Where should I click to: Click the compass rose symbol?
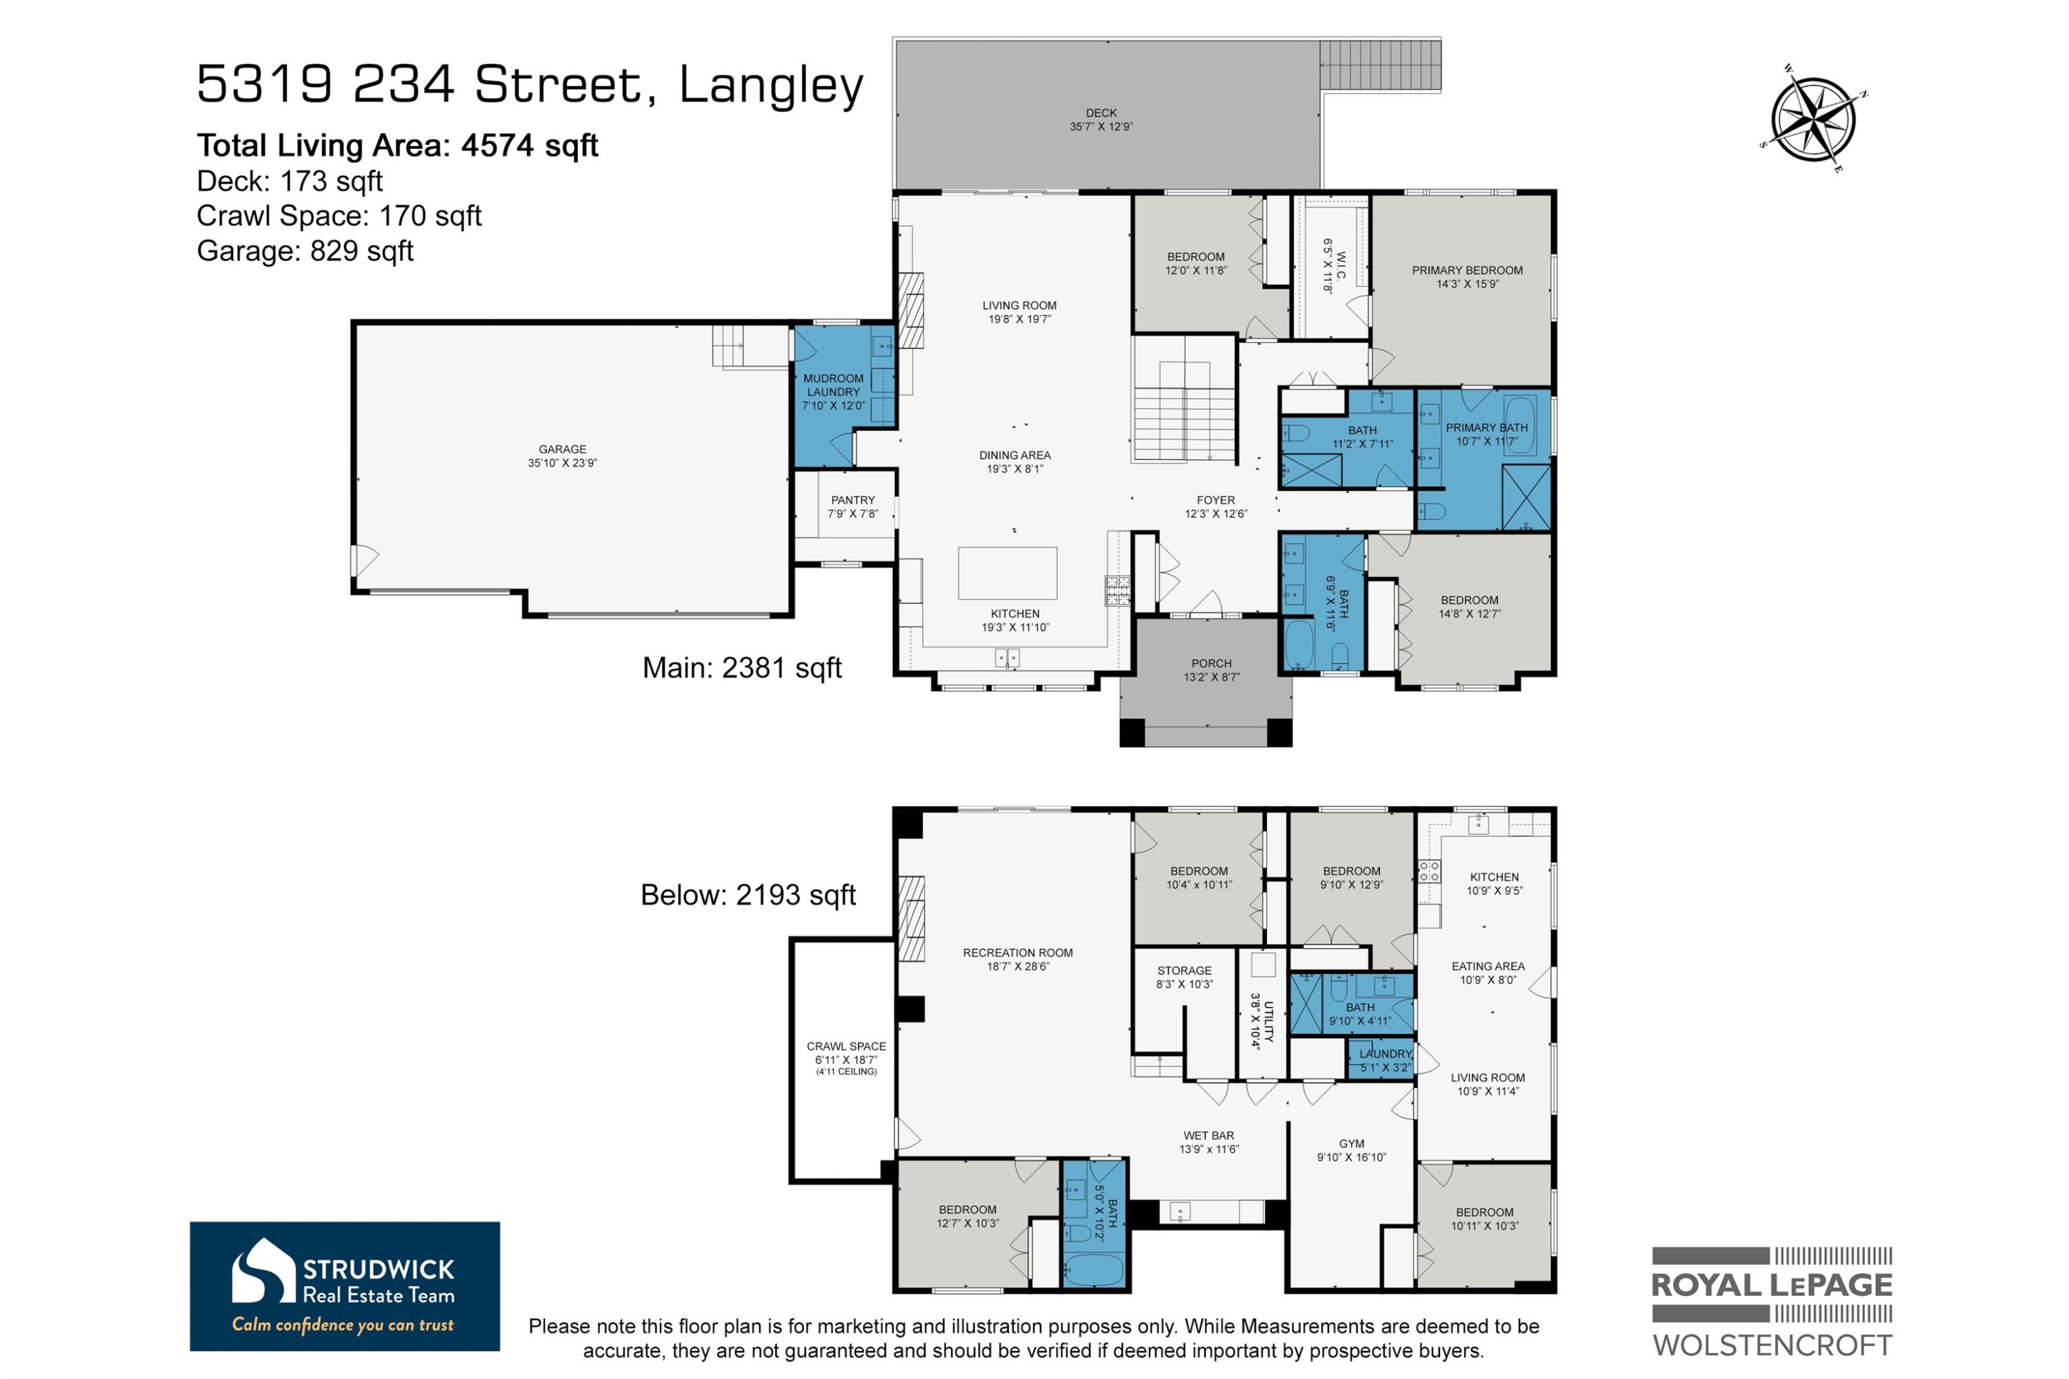coord(1813,119)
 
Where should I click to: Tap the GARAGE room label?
coord(562,450)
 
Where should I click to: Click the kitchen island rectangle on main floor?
coord(1007,572)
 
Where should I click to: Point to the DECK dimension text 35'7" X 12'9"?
coord(1101,127)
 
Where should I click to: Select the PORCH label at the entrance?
coord(1210,664)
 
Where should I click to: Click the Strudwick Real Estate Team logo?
coord(344,1285)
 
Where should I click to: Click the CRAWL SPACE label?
coord(846,1047)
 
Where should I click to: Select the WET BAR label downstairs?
coord(1208,1136)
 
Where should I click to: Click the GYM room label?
coord(1350,1144)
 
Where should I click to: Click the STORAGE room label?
coord(1184,971)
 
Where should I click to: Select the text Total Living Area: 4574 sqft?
coord(397,145)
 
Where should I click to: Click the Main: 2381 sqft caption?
coord(741,668)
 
